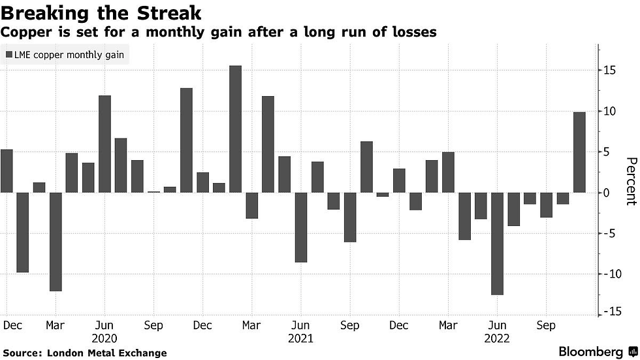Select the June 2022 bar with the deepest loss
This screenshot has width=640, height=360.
[498, 243]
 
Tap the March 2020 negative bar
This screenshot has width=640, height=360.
[56, 241]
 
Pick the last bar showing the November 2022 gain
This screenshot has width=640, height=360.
[579, 152]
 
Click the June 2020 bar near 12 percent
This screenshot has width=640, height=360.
[104, 144]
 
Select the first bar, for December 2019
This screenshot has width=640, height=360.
[7, 171]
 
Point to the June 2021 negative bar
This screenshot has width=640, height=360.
[301, 227]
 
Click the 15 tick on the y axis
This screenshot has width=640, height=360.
[609, 71]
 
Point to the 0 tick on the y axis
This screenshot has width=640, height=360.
[607, 193]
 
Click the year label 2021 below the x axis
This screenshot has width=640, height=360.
[300, 338]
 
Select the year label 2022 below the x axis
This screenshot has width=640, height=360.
[497, 338]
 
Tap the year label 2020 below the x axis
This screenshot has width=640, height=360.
[104, 338]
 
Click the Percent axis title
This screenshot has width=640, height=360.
[630, 181]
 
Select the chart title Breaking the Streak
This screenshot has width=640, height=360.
[101, 12]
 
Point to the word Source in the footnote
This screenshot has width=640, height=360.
[23, 353]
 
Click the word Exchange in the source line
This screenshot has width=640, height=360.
[144, 353]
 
